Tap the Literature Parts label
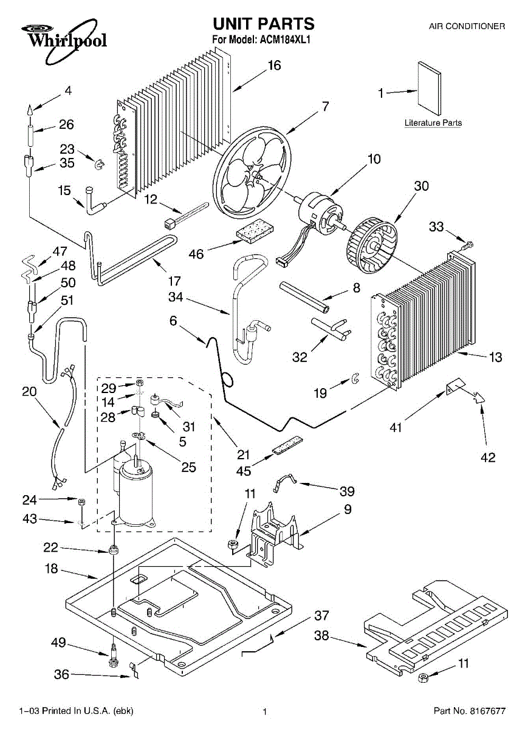[433, 123]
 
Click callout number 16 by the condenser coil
[275, 65]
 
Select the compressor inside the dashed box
[137, 490]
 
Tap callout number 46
[196, 254]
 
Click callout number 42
[488, 457]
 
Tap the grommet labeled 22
[113, 551]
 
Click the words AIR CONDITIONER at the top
[467, 27]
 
